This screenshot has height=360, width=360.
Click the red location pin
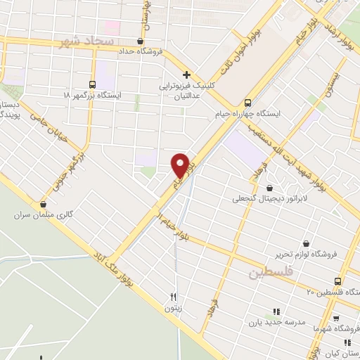click(x=180, y=165)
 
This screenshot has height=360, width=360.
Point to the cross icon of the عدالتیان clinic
click(x=186, y=75)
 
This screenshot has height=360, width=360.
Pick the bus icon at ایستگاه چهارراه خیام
click(x=247, y=101)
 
